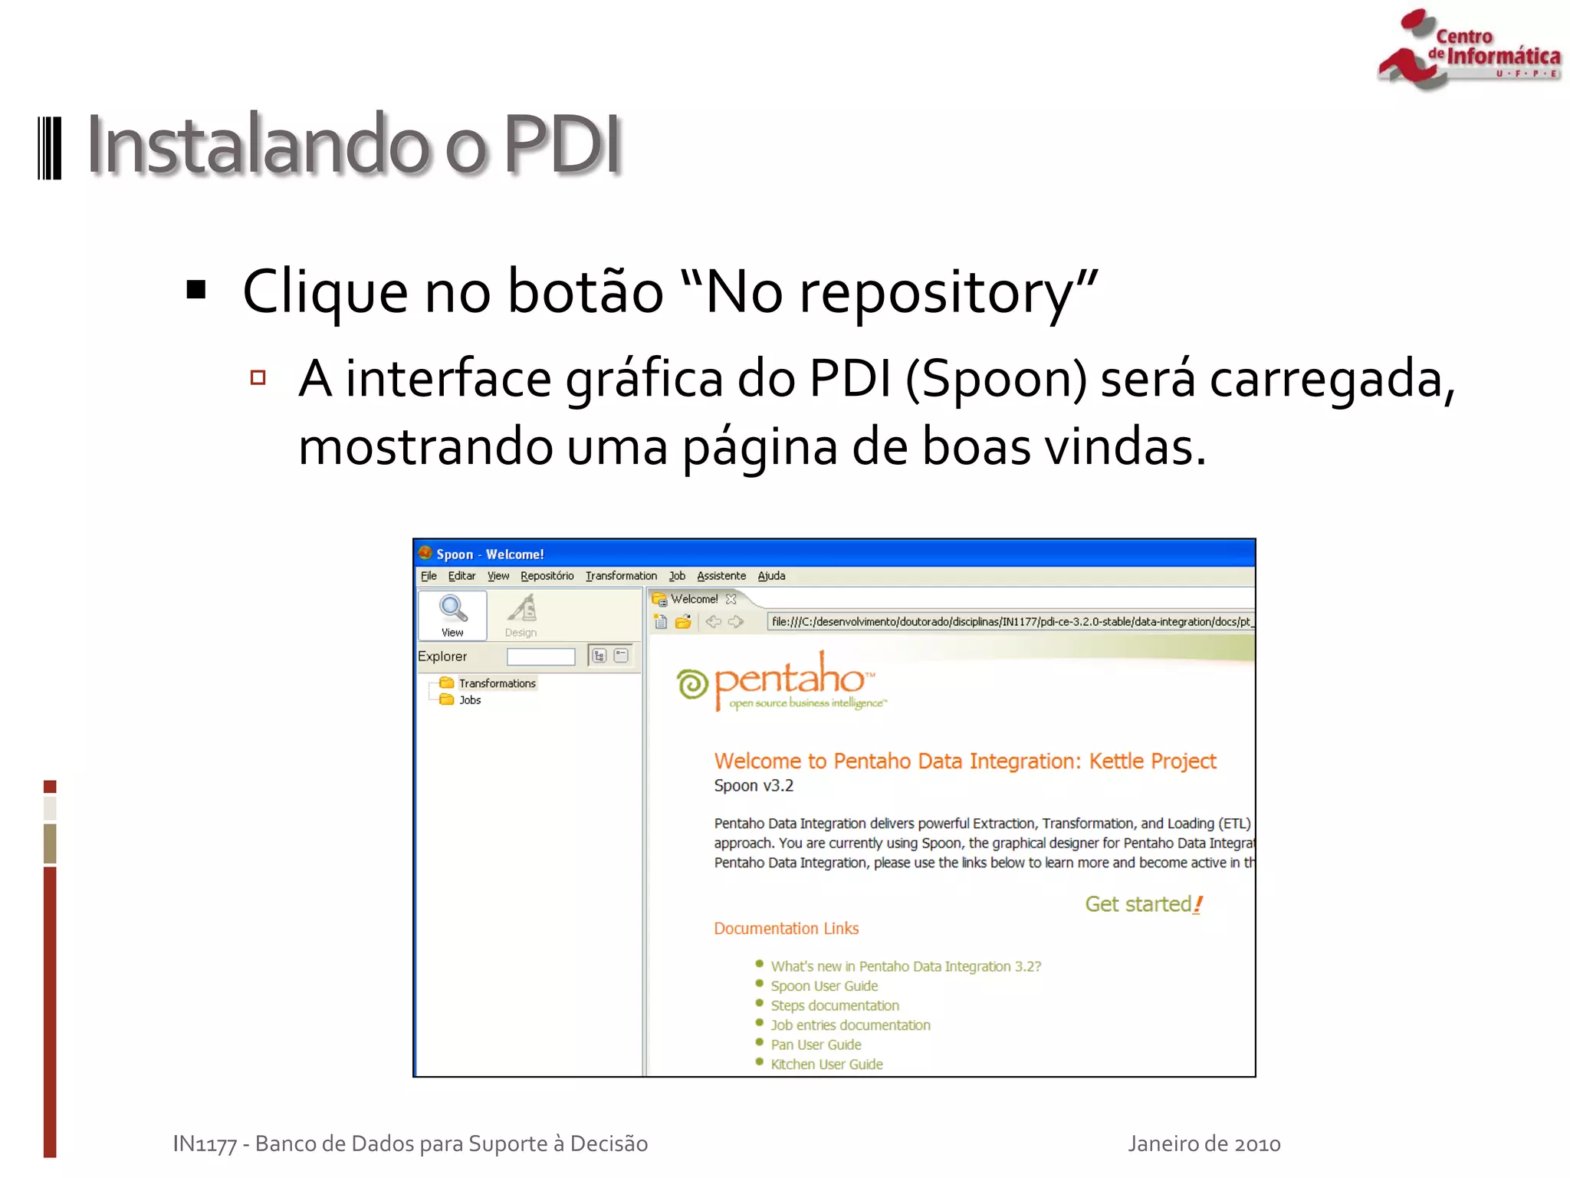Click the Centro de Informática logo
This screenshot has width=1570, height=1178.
[1468, 50]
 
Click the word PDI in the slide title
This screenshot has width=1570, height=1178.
[561, 144]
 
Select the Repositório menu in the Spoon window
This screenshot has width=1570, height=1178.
[547, 576]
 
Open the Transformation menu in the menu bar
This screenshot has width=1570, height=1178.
[621, 576]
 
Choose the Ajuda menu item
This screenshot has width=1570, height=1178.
[771, 576]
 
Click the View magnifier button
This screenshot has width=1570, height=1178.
[452, 615]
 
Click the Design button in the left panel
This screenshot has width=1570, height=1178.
[521, 615]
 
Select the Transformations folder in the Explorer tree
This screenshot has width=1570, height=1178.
[496, 683]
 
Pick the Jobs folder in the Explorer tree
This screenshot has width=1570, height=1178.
[469, 700]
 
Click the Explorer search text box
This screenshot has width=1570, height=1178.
[540, 656]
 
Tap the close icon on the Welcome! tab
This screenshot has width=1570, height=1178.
[731, 599]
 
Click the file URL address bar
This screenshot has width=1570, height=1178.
[1010, 622]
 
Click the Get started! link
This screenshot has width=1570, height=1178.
[1143, 905]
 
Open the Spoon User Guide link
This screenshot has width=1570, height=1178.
[824, 986]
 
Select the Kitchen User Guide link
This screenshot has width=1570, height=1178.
[826, 1064]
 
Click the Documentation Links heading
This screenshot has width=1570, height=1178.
[786, 929]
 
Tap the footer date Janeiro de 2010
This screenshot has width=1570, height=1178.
[1204, 1144]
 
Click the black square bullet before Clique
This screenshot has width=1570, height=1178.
[196, 290]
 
